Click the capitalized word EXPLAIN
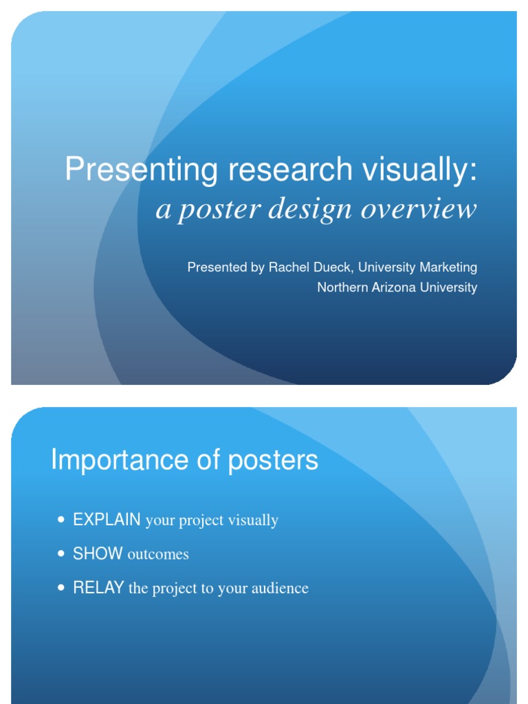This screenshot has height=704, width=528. click(107, 520)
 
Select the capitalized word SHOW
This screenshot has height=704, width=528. click(98, 553)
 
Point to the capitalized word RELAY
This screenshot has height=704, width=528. click(98, 588)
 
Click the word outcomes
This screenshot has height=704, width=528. click(158, 554)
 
